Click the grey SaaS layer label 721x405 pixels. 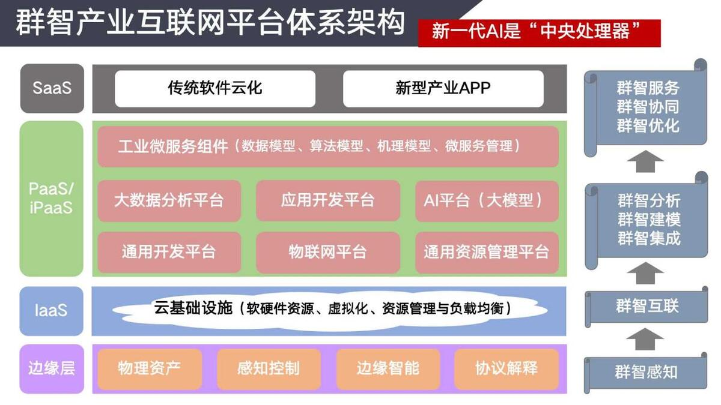(x=52, y=88)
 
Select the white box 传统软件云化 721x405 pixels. (x=215, y=89)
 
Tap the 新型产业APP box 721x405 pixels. (x=443, y=89)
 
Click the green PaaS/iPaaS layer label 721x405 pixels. (x=52, y=199)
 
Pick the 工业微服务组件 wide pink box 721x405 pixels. (x=328, y=146)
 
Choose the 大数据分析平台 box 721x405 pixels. (x=169, y=200)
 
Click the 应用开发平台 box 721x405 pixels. (x=328, y=200)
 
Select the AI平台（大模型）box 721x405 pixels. (x=487, y=200)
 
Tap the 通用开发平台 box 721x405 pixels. (x=169, y=253)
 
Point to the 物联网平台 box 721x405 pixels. (x=328, y=253)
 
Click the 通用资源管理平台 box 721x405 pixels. (x=487, y=253)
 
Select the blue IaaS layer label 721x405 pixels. (x=52, y=311)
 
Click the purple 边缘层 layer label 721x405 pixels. (x=52, y=368)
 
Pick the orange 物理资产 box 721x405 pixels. (x=150, y=369)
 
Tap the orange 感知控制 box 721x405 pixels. (x=269, y=369)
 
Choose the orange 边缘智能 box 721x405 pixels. (x=388, y=369)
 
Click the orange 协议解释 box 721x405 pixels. (x=507, y=369)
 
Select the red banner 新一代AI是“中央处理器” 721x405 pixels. (x=540, y=33)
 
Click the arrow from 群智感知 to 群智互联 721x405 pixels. (x=645, y=339)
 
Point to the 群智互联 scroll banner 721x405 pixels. (x=646, y=307)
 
